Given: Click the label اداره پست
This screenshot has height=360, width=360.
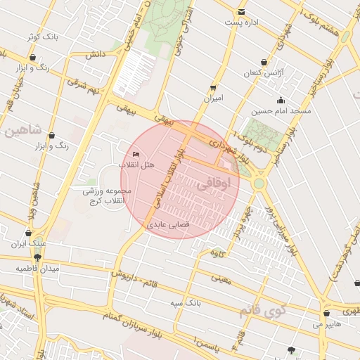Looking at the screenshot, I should (243, 22).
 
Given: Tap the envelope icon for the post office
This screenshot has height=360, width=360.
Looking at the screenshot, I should (243, 12).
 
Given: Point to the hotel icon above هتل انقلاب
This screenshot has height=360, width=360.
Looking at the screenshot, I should (136, 155).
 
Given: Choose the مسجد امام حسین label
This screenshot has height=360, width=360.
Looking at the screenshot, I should (281, 111).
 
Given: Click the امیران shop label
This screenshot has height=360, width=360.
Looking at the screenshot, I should (212, 99).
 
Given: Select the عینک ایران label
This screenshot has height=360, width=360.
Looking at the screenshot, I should (28, 243).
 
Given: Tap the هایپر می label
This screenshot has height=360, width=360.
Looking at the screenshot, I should (328, 325).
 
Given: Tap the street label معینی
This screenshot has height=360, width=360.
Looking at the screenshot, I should (221, 278).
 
